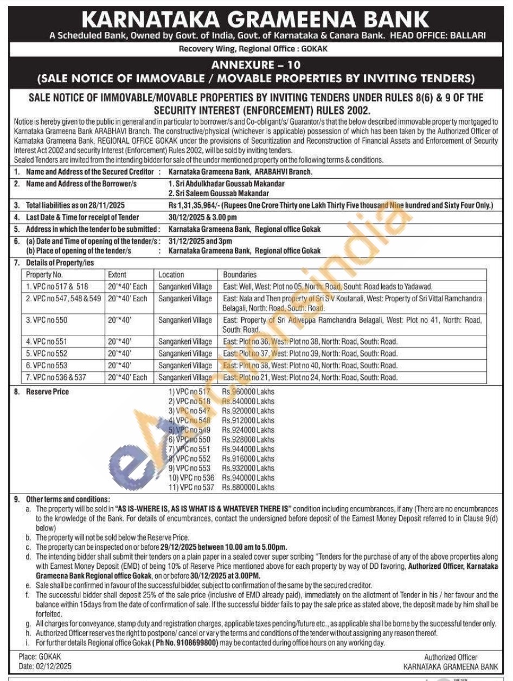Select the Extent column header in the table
coord(117,275)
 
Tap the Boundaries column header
coord(240,275)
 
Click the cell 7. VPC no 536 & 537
coord(56,377)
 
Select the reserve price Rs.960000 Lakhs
coord(248,392)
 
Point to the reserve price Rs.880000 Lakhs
coord(248,488)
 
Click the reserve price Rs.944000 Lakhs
coord(248,449)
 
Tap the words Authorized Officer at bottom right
coord(451,657)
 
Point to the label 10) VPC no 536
coord(191,478)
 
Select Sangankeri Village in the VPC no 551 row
coord(185,342)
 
